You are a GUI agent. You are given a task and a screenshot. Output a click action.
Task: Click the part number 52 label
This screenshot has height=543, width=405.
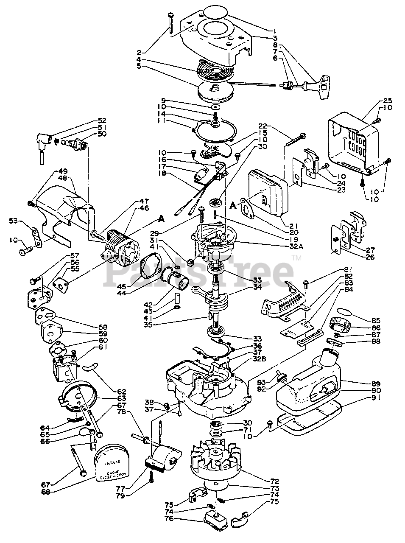[x=101, y=120]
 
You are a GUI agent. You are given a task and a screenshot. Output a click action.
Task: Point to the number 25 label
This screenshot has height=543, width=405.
[x=386, y=101]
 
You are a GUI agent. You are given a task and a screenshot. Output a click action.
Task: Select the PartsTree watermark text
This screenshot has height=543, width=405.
[x=199, y=268]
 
